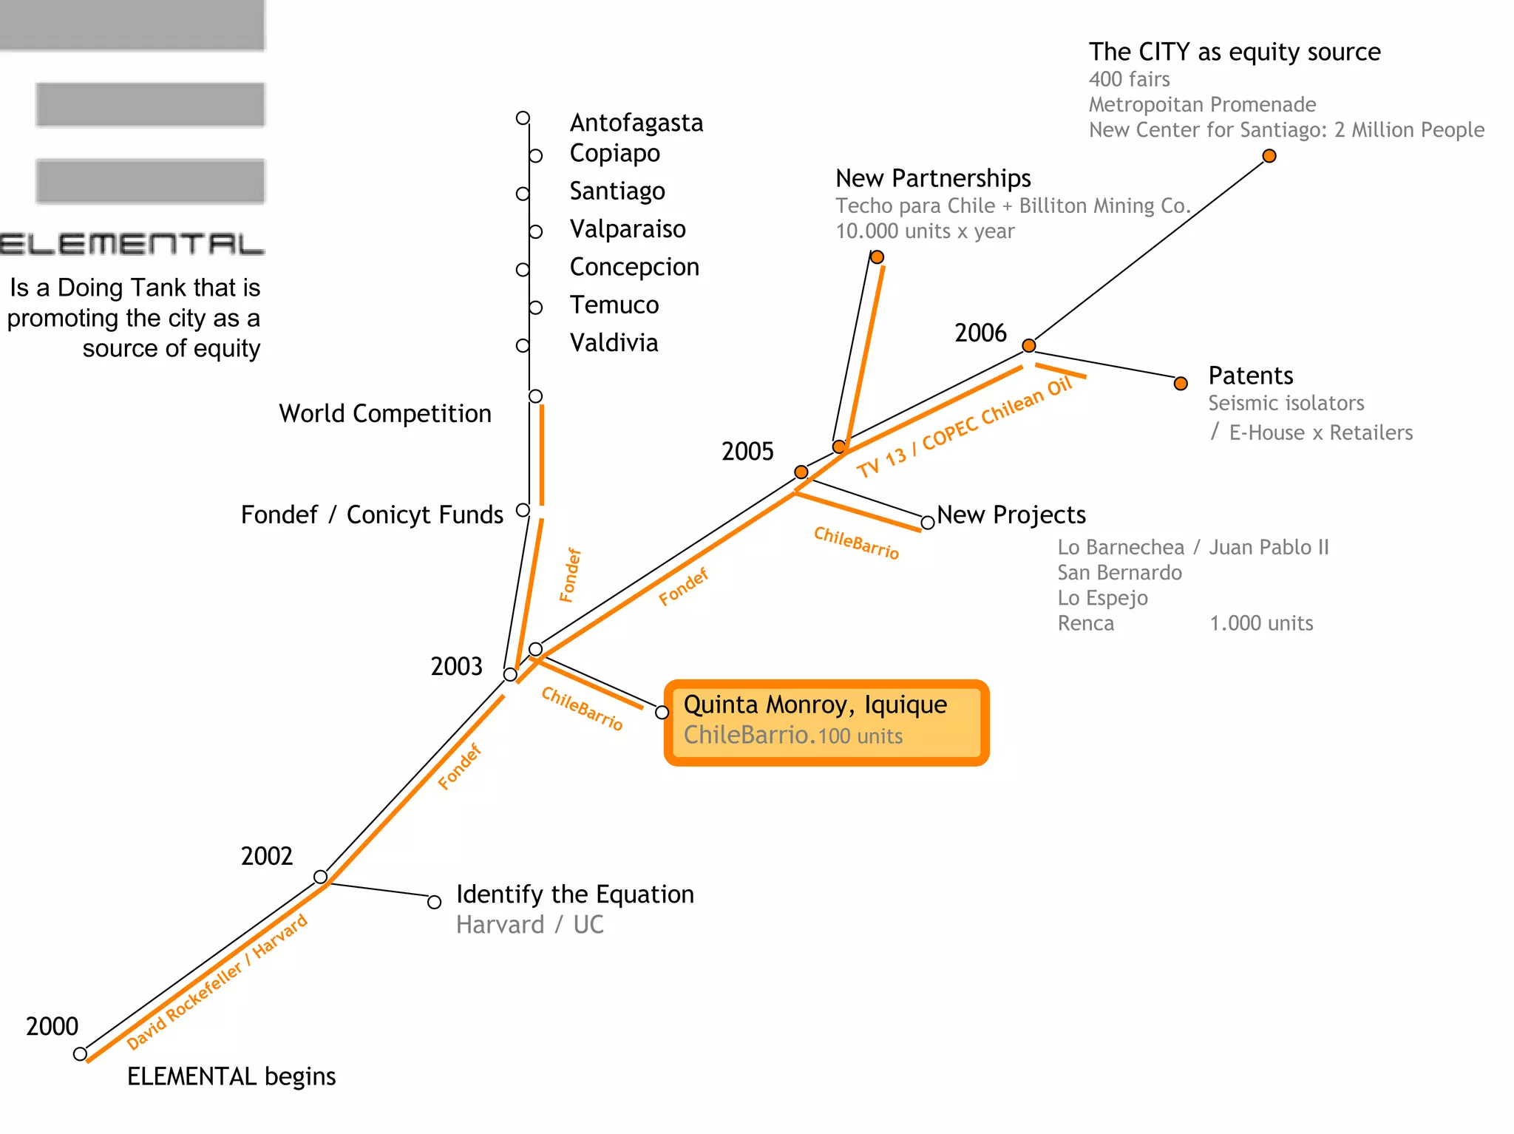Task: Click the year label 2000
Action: pyautogui.click(x=52, y=1026)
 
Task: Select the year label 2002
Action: pyautogui.click(x=267, y=856)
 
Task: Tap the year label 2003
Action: pyautogui.click(x=456, y=666)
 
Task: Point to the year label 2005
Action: pyautogui.click(x=747, y=451)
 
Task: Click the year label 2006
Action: pyautogui.click(x=980, y=333)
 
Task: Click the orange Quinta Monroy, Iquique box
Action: pyautogui.click(x=826, y=722)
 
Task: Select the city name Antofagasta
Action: pyautogui.click(x=636, y=123)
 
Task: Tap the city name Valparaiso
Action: pyautogui.click(x=627, y=229)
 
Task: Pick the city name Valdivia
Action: pyautogui.click(x=614, y=343)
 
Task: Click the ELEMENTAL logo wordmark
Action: pyautogui.click(x=132, y=244)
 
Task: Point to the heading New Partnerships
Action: pyautogui.click(x=933, y=178)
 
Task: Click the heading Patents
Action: pyautogui.click(x=1250, y=376)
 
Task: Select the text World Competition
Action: pyautogui.click(x=384, y=413)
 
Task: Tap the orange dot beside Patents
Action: pyautogui.click(x=1181, y=383)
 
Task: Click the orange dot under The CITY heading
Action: pyautogui.click(x=1269, y=156)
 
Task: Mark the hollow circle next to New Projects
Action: pyautogui.click(x=927, y=523)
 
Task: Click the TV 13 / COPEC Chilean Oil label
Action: pyautogui.click(x=964, y=427)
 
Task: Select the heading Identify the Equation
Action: pyautogui.click(x=574, y=894)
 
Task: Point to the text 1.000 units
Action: pyautogui.click(x=1261, y=623)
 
